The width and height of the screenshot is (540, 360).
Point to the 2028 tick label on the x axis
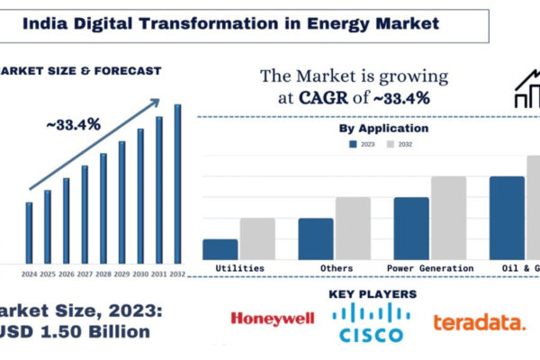tap(103, 273)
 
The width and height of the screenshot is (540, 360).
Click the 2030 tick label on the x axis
tap(140, 273)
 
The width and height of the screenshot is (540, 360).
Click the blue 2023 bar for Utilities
tap(220, 249)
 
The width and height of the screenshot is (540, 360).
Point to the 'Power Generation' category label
tap(429, 268)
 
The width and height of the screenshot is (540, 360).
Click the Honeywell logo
tap(273, 318)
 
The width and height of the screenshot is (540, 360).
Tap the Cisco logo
tap(371, 323)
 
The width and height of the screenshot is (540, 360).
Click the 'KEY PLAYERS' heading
tap(373, 294)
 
